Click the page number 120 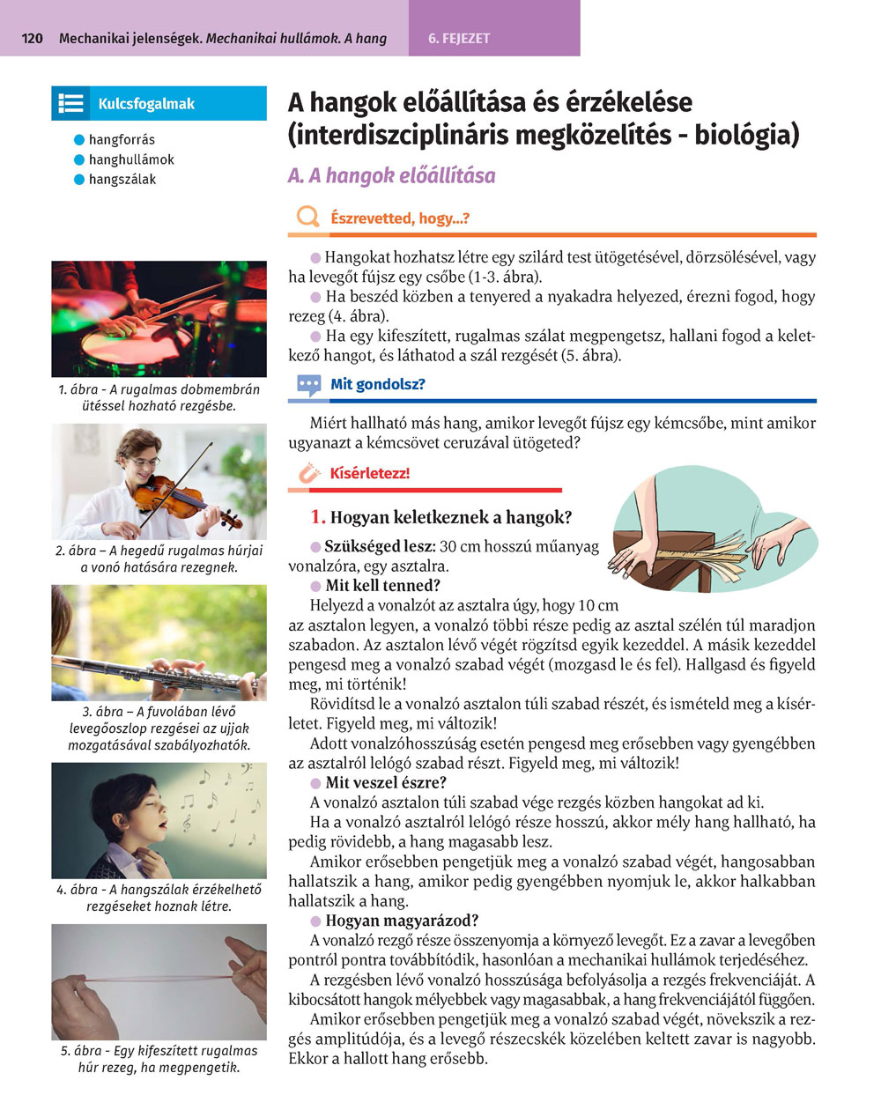coord(32,39)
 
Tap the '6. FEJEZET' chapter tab coord(459,39)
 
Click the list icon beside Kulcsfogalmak coord(70,103)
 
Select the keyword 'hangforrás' coord(122,139)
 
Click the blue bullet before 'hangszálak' coord(79,180)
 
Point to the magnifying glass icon coord(307,217)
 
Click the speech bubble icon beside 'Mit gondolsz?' coord(308,385)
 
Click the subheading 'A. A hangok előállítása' coord(391,175)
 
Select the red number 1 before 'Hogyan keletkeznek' coord(317,518)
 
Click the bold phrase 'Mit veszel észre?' coord(386,782)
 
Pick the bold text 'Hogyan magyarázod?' coord(402,921)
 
